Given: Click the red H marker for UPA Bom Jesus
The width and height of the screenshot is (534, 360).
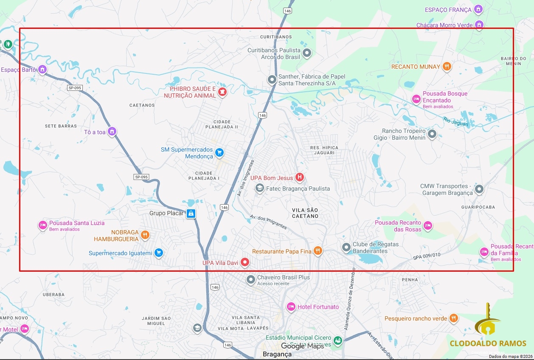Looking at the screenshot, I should pyautogui.click(x=300, y=177).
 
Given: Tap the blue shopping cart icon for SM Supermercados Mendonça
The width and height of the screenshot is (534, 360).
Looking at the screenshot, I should pyautogui.click(x=219, y=152).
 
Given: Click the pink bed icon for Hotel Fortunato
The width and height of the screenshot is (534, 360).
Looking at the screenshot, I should pyautogui.click(x=291, y=307).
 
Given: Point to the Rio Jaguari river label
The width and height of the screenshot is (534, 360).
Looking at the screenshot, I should pyautogui.click(x=455, y=122).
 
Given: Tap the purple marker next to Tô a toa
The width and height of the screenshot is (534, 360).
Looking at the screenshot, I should pyautogui.click(x=112, y=132).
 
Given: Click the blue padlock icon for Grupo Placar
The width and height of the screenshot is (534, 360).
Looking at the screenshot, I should pyautogui.click(x=191, y=213).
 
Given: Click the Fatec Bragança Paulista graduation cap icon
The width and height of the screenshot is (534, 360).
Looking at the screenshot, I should pyautogui.click(x=259, y=188).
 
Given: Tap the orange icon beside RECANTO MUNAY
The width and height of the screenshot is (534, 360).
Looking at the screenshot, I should pyautogui.click(x=447, y=67).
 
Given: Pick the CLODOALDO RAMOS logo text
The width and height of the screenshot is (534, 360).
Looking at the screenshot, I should pyautogui.click(x=488, y=343).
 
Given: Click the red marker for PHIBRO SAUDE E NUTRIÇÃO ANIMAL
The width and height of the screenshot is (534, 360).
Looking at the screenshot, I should pyautogui.click(x=222, y=92).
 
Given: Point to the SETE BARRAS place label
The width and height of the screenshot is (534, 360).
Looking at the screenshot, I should pyautogui.click(x=61, y=126).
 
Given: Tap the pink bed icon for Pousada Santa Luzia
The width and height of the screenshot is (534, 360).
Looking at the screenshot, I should pyautogui.click(x=43, y=225).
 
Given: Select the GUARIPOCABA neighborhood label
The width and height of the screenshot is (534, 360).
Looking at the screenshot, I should pyautogui.click(x=478, y=207).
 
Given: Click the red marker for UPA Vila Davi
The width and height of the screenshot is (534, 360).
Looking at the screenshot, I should pyautogui.click(x=245, y=262).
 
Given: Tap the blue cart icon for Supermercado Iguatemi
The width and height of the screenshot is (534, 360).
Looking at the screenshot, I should pyautogui.click(x=158, y=253).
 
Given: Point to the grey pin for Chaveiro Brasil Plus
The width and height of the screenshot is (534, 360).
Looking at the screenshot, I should pyautogui.click(x=251, y=279).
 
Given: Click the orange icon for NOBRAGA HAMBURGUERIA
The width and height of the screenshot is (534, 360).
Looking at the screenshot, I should pyautogui.click(x=145, y=235).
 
